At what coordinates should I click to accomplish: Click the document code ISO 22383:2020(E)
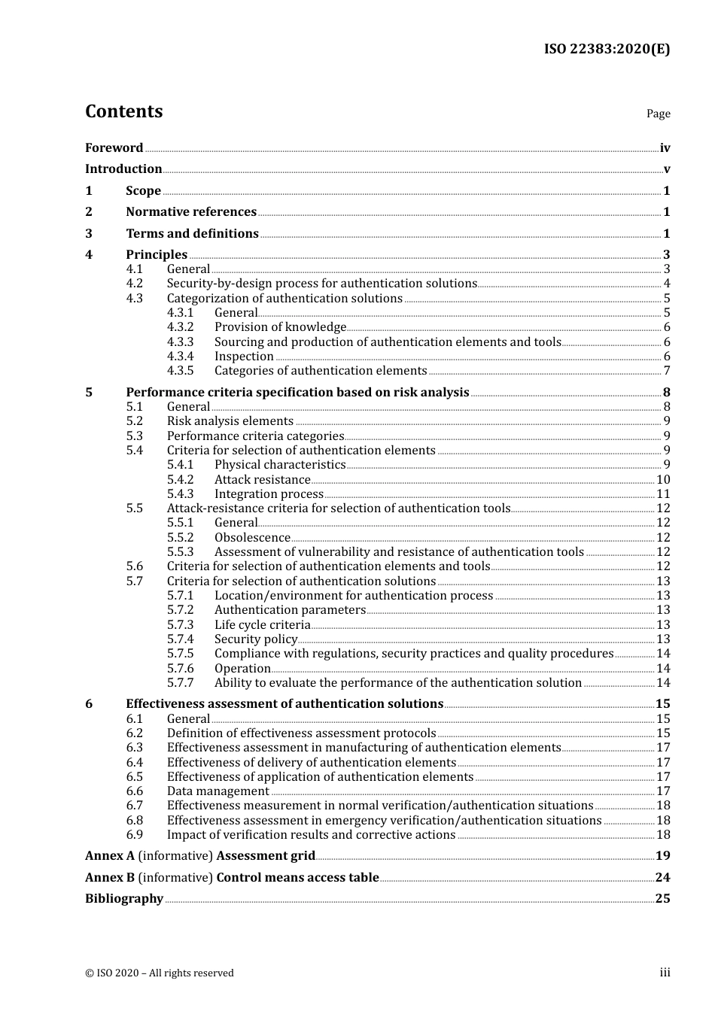pos(607,49)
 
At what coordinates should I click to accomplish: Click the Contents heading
pos(123,111)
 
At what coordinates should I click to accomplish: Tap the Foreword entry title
pos(114,147)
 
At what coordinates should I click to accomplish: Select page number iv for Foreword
pos(665,147)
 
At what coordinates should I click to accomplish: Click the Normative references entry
pos(191,212)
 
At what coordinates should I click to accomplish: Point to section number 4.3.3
pos(180,342)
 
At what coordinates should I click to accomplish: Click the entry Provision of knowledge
pos(280,327)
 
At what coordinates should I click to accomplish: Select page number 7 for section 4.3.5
pos(667,371)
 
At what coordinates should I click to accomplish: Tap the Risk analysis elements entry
pos(230,421)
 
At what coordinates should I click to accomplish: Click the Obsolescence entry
pos(252,538)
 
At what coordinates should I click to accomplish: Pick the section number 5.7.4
pos(180,639)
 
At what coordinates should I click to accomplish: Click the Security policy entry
pos(256,639)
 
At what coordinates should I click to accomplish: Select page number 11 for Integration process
pos(663,494)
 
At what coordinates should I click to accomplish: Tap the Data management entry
pos(218,791)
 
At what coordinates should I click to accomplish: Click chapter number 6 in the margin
pos(89,704)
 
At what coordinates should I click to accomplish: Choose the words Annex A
pos(110,856)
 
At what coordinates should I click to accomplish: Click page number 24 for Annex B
pos(662,877)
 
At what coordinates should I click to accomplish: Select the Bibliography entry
pos(124,899)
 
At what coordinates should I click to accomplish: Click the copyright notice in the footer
pos(159,973)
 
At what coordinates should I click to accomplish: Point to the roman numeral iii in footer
pos(665,973)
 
